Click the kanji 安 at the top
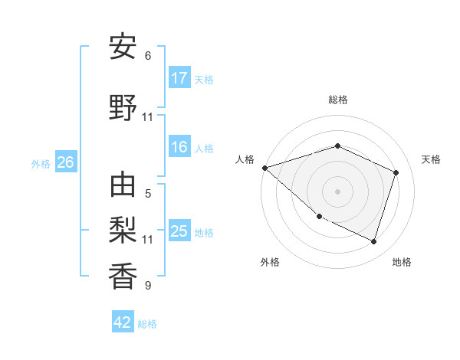(x=123, y=47)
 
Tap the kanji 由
(x=123, y=186)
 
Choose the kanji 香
(x=123, y=277)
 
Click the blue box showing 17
(x=179, y=78)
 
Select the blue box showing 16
(x=179, y=148)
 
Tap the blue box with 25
(x=179, y=231)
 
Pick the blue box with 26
(x=65, y=162)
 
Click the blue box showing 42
(x=123, y=322)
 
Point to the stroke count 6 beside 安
(x=148, y=56)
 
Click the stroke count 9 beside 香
(x=148, y=286)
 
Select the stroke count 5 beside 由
(x=148, y=194)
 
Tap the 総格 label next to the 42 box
(x=147, y=324)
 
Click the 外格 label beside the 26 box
(x=41, y=163)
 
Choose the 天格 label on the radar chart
(x=431, y=159)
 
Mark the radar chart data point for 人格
(x=264, y=168)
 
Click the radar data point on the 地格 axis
(x=373, y=242)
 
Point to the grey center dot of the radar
(x=337, y=191)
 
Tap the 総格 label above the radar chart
(x=337, y=100)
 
